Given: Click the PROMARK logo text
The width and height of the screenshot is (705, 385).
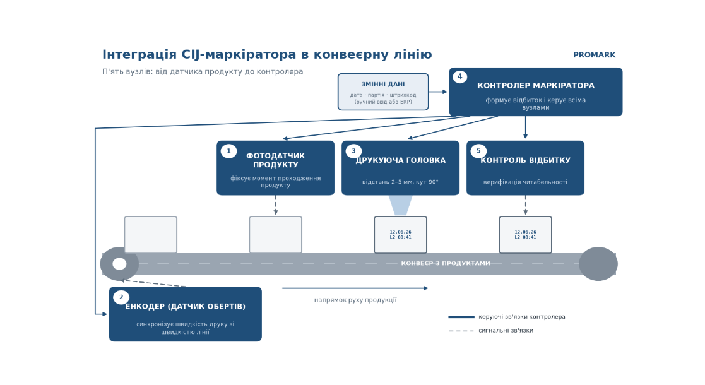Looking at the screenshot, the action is tap(594, 55).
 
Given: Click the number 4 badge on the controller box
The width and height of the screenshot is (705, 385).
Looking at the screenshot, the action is tap(459, 77).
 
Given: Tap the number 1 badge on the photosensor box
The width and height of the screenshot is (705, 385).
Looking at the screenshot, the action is tap(228, 151).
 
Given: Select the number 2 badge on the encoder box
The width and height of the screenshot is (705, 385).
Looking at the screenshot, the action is tap(121, 297).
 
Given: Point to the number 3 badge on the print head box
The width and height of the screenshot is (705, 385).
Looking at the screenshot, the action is tap(353, 151).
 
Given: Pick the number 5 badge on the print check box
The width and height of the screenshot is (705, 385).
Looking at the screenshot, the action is tap(478, 151).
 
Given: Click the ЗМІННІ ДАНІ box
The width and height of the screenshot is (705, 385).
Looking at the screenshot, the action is tap(383, 92).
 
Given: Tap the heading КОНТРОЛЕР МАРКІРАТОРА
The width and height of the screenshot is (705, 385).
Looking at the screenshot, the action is tap(535, 85).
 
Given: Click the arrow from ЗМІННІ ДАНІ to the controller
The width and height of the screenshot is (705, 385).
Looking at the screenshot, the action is tap(438, 92).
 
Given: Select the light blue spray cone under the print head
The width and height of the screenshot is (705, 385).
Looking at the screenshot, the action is tap(400, 205).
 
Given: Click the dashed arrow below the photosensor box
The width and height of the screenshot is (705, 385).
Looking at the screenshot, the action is tap(276, 205).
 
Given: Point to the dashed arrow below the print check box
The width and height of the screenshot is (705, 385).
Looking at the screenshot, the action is tap(525, 205).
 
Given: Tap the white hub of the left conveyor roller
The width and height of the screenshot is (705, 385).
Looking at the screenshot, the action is tap(119, 264).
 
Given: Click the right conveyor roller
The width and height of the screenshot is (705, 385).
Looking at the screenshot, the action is tap(598, 264).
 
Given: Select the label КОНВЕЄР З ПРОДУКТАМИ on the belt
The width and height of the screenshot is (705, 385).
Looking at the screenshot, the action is tap(446, 264).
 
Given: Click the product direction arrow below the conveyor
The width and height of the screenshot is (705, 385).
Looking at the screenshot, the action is tap(355, 288).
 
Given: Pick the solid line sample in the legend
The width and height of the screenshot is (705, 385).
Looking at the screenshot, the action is tap(461, 317).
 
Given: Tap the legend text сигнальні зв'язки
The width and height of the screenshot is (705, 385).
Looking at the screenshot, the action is tap(506, 331).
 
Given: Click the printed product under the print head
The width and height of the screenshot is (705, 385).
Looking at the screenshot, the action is tap(400, 235).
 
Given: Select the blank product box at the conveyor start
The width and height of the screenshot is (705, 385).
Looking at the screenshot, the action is tap(151, 235).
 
